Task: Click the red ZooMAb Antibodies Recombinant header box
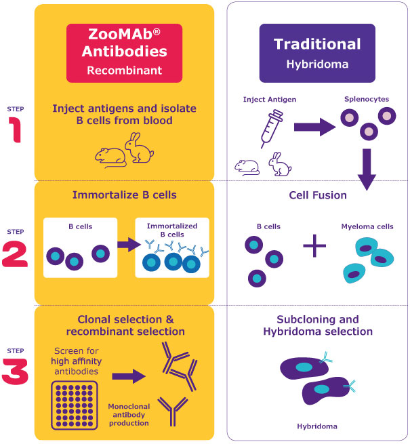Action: [125, 53]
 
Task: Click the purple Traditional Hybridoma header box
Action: [317, 53]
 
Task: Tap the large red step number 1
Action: [15, 129]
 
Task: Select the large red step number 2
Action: [15, 256]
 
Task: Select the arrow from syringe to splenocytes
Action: [312, 126]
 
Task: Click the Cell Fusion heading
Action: [317, 195]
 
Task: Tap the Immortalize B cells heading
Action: [124, 195]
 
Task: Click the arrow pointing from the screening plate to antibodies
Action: [129, 376]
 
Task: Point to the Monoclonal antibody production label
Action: [129, 414]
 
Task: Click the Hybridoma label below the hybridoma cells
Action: [317, 426]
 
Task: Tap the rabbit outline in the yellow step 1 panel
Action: [140, 148]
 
